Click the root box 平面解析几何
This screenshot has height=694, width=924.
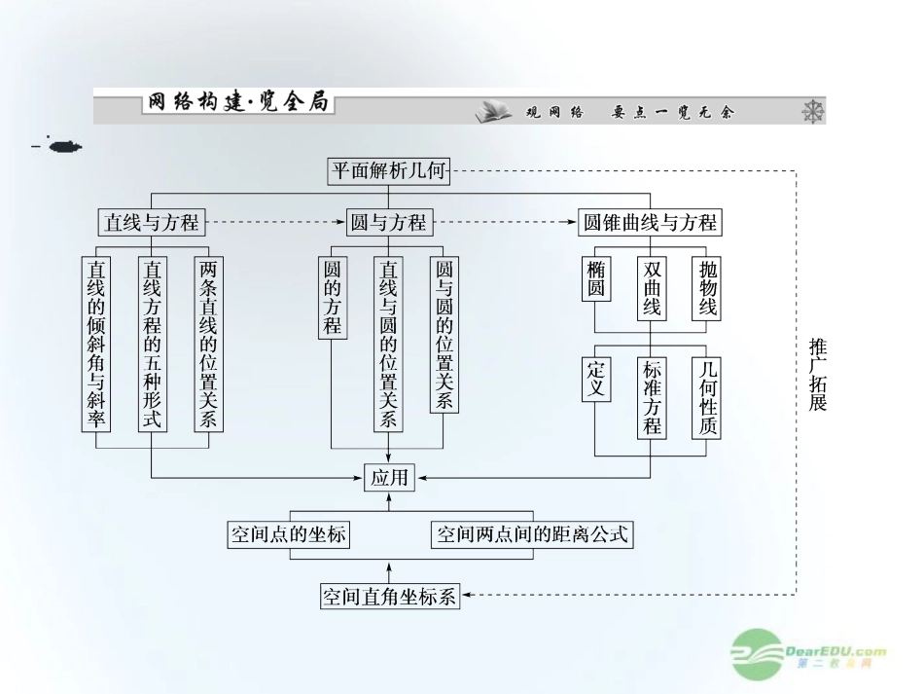(x=389, y=173)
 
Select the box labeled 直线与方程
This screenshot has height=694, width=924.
(x=152, y=223)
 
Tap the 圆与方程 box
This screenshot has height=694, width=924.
(x=388, y=223)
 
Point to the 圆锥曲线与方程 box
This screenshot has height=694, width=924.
(x=650, y=223)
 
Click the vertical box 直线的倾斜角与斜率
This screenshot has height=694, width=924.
(x=96, y=344)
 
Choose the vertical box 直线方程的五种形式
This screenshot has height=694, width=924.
(x=153, y=344)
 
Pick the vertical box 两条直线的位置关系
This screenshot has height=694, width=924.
(x=208, y=344)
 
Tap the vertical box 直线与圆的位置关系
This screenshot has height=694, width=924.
(x=389, y=344)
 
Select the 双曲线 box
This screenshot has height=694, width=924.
(x=652, y=288)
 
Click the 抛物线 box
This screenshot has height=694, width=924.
(x=707, y=288)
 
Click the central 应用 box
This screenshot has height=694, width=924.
(x=389, y=477)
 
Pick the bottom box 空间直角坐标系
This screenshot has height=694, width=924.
(x=389, y=596)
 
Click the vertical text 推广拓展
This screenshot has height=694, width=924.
(x=817, y=375)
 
